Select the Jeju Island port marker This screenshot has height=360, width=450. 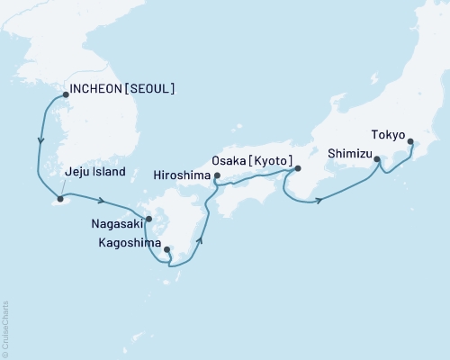[60, 198]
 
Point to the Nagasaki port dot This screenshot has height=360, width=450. [149, 218]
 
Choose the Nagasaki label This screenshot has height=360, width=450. [114, 218]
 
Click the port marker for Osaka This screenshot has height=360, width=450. [298, 168]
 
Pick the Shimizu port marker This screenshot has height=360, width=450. [377, 160]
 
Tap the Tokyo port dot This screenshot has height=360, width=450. [411, 141]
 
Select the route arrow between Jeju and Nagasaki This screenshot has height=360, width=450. [103, 201]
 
